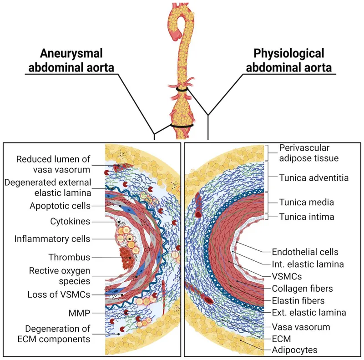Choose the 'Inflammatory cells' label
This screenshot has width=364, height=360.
click(53, 238)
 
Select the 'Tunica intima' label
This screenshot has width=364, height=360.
click(307, 217)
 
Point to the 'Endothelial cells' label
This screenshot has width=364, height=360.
click(304, 251)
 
